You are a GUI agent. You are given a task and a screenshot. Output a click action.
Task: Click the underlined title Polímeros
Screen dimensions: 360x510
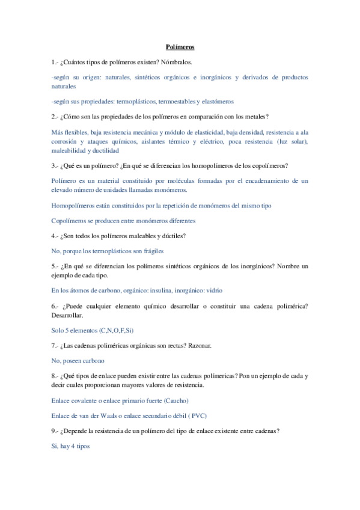coord(180,46)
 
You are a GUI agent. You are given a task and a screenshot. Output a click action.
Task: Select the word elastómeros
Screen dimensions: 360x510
coord(215,102)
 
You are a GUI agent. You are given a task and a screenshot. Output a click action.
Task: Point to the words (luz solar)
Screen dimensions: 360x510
coord(291,141)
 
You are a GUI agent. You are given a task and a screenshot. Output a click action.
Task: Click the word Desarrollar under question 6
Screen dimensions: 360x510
coord(67,315)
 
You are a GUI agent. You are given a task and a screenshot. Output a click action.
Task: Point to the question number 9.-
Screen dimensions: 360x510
coord(57,431)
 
